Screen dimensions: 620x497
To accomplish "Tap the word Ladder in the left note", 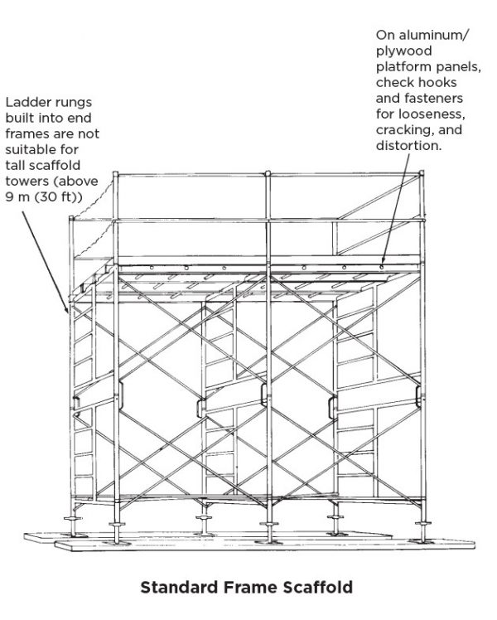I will [x=25, y=103].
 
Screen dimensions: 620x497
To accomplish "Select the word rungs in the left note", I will [x=68, y=103].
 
